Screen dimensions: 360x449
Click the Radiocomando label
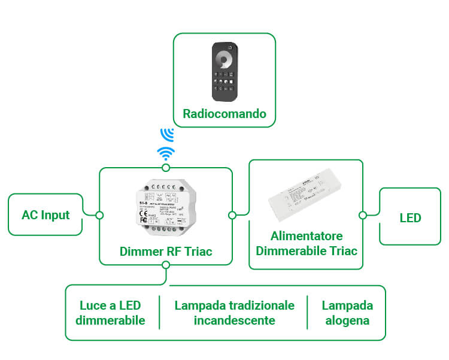click(224, 114)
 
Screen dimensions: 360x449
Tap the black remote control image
click(224, 71)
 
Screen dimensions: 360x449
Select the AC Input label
click(45, 214)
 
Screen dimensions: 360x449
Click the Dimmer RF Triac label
click(166, 252)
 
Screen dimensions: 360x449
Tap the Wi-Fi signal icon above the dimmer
click(166, 153)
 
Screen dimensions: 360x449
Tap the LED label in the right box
click(410, 217)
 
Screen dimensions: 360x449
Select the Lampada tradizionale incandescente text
click(234, 313)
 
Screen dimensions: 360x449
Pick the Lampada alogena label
click(347, 313)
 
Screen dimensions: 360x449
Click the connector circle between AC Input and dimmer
click(99, 214)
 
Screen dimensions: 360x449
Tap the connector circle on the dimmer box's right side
click(232, 214)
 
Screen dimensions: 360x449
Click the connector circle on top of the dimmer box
click(166, 168)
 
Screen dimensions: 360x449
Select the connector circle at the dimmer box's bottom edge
click(166, 265)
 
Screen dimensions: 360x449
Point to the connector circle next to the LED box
click(362, 214)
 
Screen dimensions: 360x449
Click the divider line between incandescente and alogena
click(307, 312)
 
